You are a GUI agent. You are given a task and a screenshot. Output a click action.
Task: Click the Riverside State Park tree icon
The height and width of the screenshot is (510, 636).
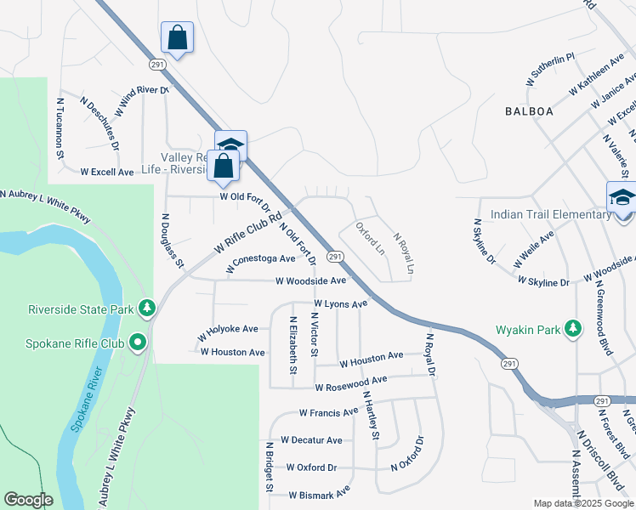pos(147,307)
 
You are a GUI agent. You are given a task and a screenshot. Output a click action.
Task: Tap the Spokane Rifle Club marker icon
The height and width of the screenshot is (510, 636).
pos(137,343)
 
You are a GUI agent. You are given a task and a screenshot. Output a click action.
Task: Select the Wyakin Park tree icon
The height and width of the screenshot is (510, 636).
pos(574,328)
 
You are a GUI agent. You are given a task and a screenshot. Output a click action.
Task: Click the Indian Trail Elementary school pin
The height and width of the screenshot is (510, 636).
pos(622,198)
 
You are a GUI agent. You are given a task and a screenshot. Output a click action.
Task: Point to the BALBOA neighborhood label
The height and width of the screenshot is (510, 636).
pos(529,111)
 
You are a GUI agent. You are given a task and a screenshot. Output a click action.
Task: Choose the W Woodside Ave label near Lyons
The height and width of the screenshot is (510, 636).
pos(310,280)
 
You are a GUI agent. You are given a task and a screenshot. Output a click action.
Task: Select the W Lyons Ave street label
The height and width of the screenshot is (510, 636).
pos(340,303)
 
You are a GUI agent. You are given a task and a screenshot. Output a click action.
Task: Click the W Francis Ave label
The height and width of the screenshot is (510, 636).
pos(328,412)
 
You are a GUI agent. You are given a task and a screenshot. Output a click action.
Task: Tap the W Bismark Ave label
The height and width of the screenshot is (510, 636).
pos(319,493)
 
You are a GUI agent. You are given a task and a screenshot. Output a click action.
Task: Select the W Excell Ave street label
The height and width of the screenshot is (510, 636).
pos(107,172)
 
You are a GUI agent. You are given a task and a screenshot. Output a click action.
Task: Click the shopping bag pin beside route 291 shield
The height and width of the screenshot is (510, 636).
pos(177,38)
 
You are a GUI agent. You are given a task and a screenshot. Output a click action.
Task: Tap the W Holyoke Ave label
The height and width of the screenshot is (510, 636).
pos(228,329)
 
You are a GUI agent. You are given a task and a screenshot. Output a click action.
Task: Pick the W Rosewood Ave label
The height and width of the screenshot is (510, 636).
pos(350,387)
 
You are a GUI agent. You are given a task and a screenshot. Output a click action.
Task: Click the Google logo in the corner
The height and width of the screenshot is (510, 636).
pos(28,500)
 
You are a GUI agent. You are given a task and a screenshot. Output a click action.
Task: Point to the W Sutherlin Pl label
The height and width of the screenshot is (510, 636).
pos(553,68)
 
